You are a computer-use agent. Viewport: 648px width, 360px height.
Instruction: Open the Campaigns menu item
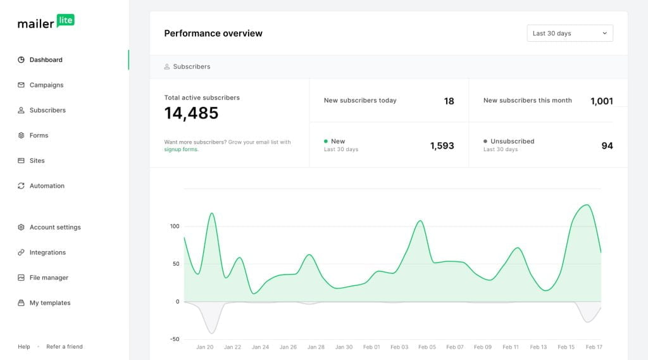pos(46,85)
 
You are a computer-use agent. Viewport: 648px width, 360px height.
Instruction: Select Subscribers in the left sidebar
pos(47,110)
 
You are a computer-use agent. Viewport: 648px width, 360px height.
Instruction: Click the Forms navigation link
pos(39,135)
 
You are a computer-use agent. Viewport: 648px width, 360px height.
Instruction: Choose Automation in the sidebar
pos(47,186)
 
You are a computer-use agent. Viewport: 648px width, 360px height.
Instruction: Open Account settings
pos(55,227)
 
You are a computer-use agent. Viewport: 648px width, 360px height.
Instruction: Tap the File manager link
pos(49,278)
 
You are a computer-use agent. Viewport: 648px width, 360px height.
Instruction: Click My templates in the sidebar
pos(50,303)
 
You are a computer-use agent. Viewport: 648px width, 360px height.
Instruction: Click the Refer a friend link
pos(65,347)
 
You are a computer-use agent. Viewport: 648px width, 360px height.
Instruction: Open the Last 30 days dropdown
pos(570,34)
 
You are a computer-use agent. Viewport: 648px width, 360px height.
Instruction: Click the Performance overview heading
pos(213,34)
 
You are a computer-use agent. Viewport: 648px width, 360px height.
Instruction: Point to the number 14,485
pos(191,113)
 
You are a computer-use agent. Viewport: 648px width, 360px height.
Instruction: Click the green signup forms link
pos(181,150)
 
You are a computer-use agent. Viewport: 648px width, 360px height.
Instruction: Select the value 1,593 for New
pos(442,146)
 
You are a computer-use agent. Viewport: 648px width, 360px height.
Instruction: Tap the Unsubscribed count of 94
pos(607,146)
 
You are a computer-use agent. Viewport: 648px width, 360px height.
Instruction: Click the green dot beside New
pos(326,141)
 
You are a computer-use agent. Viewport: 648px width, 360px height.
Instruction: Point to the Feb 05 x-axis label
pos(427,347)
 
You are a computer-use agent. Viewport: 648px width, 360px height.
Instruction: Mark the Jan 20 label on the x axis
pos(204,347)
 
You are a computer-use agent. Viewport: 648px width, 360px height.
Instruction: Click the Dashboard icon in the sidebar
pos(21,60)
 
